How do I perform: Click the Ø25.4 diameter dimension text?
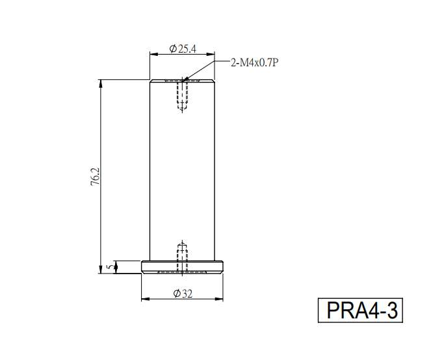coord(183,49)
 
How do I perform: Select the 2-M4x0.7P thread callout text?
coord(254,63)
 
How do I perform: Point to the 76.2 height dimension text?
coord(96,176)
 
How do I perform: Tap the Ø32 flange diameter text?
coord(183,293)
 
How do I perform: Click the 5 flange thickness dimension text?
coord(110,267)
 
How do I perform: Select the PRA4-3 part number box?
coord(360,311)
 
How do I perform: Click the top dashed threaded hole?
coord(182,96)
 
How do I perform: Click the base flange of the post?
coord(182,267)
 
